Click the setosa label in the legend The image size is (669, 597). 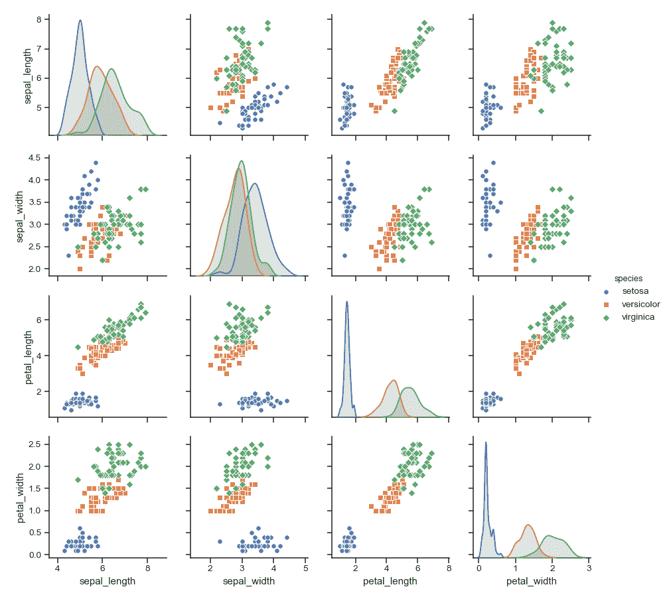pyautogui.click(x=635, y=291)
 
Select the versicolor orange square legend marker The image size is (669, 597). pyautogui.click(x=605, y=304)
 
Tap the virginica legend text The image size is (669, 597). pyautogui.click(x=638, y=317)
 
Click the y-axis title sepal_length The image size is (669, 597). pyautogui.click(x=29, y=78)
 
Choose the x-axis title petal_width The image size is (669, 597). pyautogui.click(x=531, y=581)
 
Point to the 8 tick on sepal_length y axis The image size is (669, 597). pyautogui.click(x=38, y=20)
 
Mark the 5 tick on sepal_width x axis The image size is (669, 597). pyautogui.click(x=305, y=568)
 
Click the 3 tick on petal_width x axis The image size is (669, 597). pyautogui.click(x=589, y=568)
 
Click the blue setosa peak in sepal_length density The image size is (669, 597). pyautogui.click(x=80, y=21)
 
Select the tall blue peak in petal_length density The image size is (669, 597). pyautogui.click(x=346, y=302)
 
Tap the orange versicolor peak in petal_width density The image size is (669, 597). pyautogui.click(x=528, y=525)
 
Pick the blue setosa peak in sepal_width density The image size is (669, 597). pyautogui.click(x=254, y=184)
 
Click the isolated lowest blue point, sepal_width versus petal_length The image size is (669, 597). pyautogui.click(x=344, y=255)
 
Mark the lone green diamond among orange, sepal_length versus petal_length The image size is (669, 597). pyautogui.click(x=78, y=347)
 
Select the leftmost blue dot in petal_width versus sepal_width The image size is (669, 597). pyautogui.click(x=220, y=541)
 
